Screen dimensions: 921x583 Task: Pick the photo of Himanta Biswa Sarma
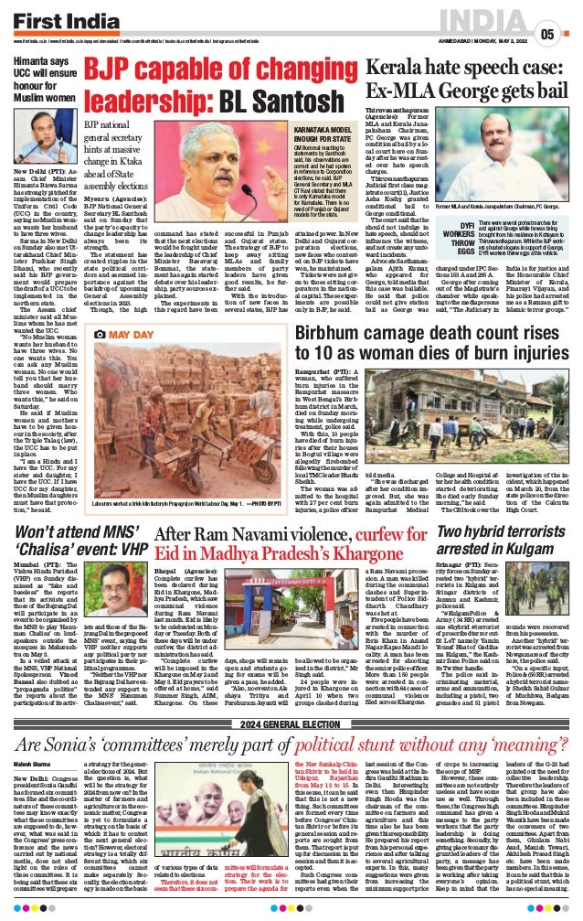(x=39, y=138)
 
